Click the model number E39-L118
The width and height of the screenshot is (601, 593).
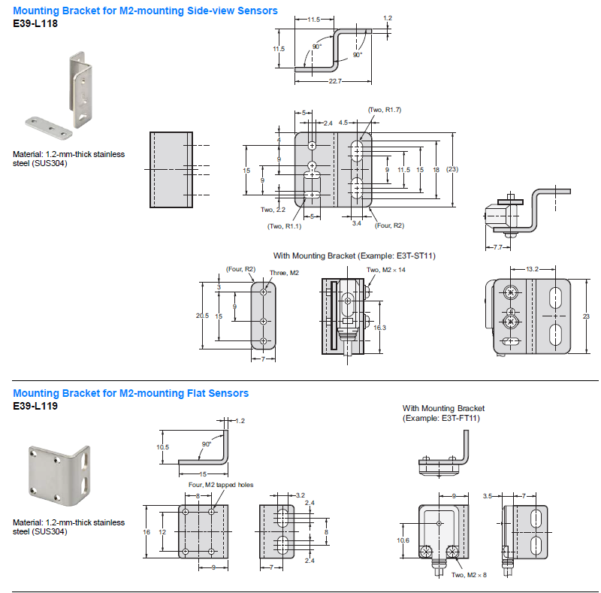tap(35, 23)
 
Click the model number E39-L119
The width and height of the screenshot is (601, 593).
tap(35, 406)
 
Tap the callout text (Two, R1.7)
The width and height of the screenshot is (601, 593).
tap(384, 110)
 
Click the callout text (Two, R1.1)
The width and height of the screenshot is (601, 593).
tap(284, 225)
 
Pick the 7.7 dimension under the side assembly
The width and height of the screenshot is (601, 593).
tap(498, 247)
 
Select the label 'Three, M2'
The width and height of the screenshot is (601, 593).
tap(284, 273)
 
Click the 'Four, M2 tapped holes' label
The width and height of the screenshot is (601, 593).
tap(220, 485)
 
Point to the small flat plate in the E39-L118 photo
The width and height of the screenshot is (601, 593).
tap(46, 127)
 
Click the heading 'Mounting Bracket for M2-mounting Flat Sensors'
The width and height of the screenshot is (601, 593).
tap(131, 393)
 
